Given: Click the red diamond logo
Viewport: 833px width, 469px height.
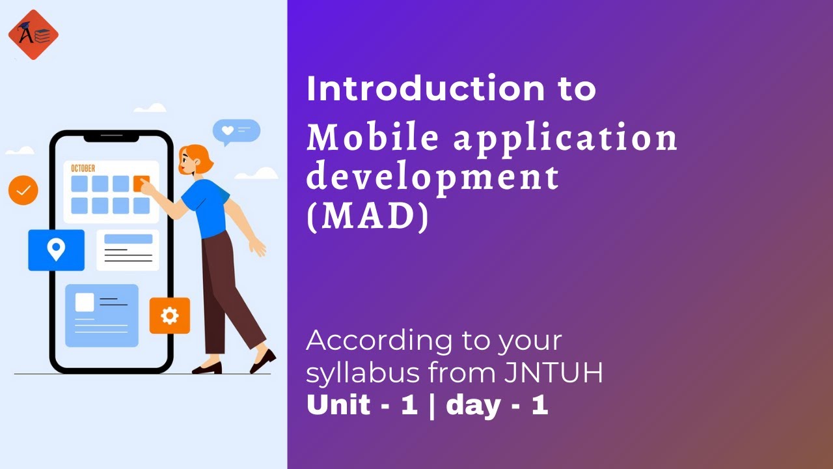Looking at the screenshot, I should click(x=33, y=35).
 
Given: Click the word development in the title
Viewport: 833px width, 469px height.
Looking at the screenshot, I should click(x=433, y=177).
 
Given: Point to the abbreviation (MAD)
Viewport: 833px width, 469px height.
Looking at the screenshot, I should click(x=368, y=218).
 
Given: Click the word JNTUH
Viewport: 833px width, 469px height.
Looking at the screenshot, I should click(x=553, y=373).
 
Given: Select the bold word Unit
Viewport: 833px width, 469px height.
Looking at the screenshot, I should click(x=338, y=405).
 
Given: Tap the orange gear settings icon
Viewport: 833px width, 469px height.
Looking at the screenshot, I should click(x=170, y=316).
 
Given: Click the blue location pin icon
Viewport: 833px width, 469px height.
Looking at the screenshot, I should click(x=56, y=249).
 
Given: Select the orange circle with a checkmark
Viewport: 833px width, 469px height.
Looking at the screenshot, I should click(x=23, y=190).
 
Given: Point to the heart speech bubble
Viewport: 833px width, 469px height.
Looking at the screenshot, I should click(x=236, y=131).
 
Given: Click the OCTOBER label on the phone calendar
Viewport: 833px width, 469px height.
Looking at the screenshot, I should click(x=83, y=169).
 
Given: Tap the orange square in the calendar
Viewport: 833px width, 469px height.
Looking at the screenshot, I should click(x=141, y=184).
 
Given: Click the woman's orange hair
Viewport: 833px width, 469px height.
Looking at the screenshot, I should click(x=199, y=157).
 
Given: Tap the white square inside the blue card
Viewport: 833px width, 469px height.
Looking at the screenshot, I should click(x=85, y=302).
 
